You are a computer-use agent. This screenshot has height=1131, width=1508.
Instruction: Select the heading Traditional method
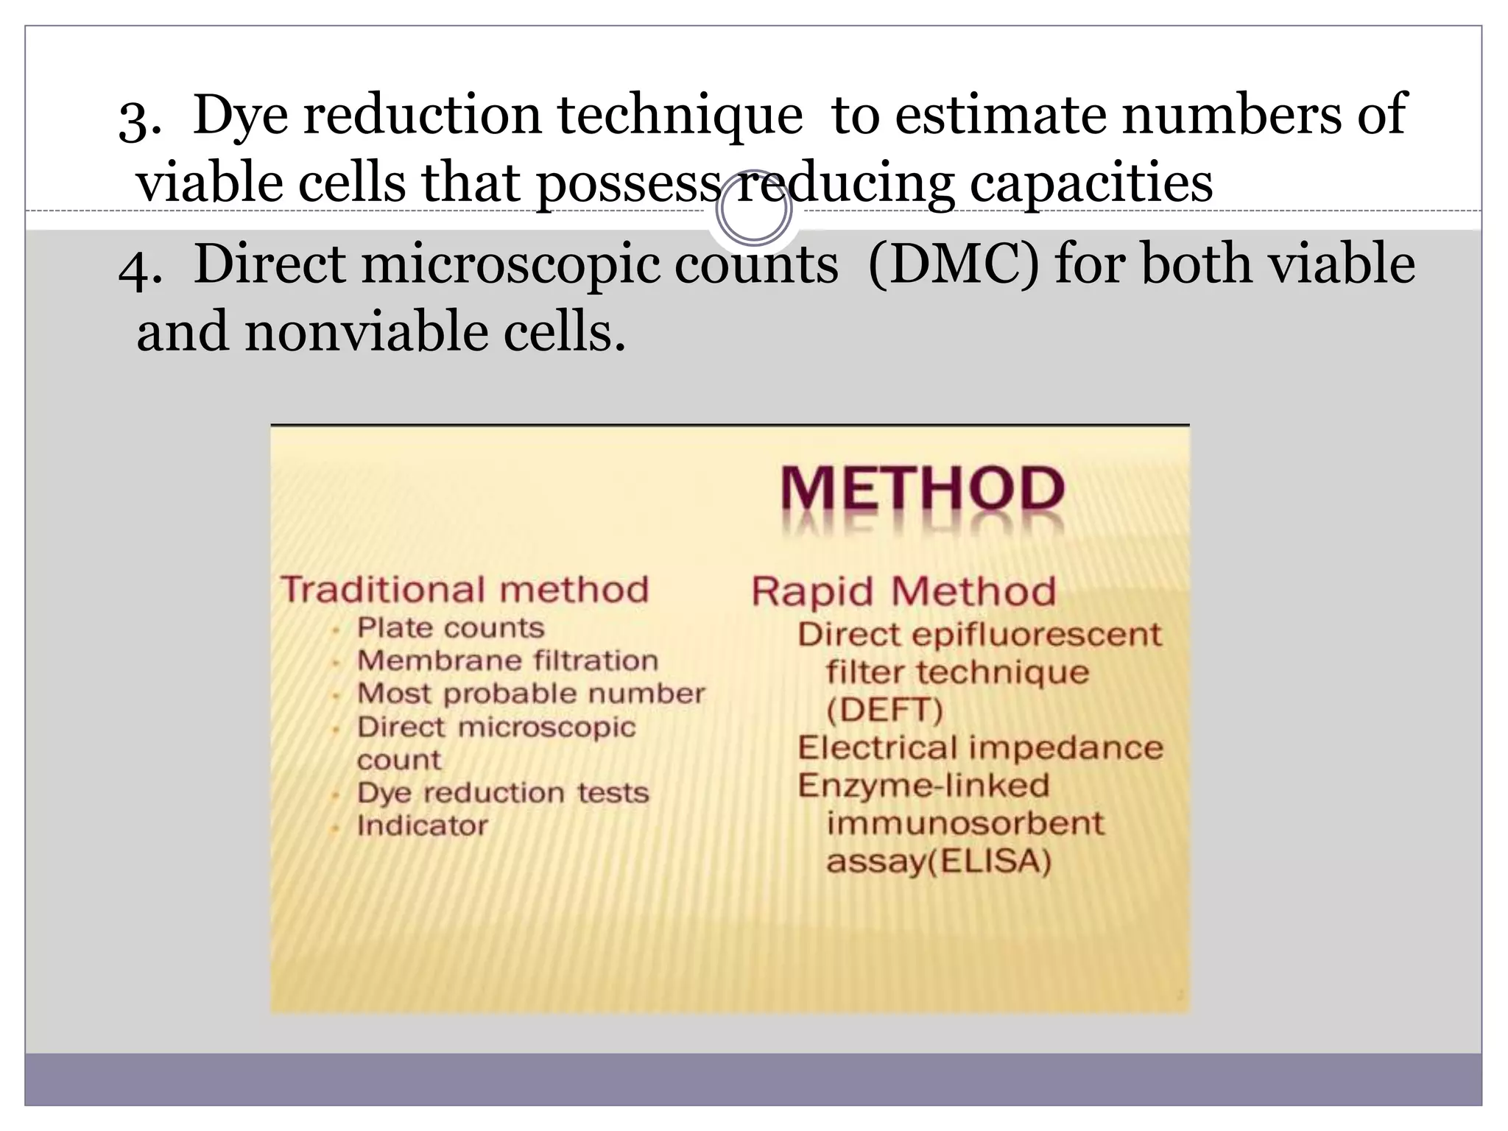[x=465, y=590]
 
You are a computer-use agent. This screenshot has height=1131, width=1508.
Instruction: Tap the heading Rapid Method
[x=903, y=591]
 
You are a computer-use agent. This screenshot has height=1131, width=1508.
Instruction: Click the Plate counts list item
[x=451, y=628]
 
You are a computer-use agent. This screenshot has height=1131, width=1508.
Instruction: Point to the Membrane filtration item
[x=507, y=660]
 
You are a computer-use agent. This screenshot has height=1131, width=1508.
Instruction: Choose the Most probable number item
[x=531, y=694]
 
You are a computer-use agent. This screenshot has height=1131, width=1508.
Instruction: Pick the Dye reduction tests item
[x=503, y=793]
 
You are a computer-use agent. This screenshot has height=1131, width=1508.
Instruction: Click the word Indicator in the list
[x=422, y=826]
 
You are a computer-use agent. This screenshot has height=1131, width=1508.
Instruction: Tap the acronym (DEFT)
[x=884, y=711]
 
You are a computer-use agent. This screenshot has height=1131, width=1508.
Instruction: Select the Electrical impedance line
[x=980, y=748]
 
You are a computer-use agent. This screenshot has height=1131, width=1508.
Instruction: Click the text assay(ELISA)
[x=939, y=861]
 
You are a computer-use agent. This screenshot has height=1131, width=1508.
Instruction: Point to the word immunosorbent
[x=965, y=823]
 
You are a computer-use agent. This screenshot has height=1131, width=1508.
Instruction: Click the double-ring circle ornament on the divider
[x=753, y=209]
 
